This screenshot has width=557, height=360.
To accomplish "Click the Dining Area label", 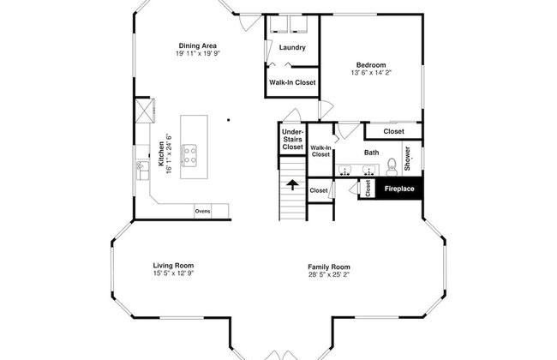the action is click(197, 45).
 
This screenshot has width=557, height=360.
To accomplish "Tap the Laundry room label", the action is click(292, 48).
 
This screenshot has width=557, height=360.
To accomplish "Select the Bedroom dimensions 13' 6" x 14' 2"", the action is click(371, 73).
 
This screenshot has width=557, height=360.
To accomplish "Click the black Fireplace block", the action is click(399, 189).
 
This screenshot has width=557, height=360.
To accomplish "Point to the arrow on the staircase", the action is click(292, 185).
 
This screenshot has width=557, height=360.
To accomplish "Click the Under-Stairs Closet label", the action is click(293, 140).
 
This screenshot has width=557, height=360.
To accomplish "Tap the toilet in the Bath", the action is click(392, 167).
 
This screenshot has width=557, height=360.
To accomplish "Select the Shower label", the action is click(407, 159).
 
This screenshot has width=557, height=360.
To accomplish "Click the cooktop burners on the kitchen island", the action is click(189, 155).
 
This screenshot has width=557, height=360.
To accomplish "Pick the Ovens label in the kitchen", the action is click(202, 211).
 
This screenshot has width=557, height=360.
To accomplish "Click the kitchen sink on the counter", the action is click(143, 171).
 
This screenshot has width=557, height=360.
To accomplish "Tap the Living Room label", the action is click(173, 266).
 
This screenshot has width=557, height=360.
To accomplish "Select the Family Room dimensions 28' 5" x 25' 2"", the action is click(329, 274).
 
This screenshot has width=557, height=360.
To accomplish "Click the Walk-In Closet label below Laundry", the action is click(292, 82).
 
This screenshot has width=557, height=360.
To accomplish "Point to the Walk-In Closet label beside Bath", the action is click(320, 151).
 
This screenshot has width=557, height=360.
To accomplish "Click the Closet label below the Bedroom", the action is click(393, 131).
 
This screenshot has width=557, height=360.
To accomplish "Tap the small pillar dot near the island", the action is click(229, 120).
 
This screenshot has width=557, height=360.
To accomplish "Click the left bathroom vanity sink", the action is click(344, 171).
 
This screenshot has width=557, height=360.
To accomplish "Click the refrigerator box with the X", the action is click(143, 111).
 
